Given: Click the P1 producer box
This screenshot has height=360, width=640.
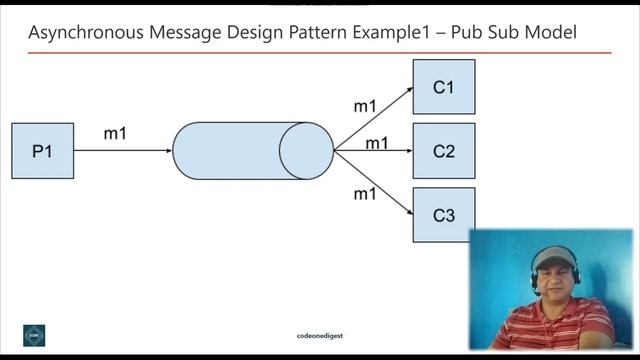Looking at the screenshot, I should pyautogui.click(x=42, y=151).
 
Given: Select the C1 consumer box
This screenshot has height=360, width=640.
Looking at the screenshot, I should pyautogui.click(x=443, y=87).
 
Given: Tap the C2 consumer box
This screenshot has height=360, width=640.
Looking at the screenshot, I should pyautogui.click(x=443, y=151).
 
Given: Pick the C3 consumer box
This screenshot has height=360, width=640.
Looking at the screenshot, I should pyautogui.click(x=443, y=214).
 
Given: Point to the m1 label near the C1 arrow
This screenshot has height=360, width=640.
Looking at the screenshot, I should pyautogui.click(x=365, y=105).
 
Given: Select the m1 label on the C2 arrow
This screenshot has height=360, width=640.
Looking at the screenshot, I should pyautogui.click(x=377, y=143).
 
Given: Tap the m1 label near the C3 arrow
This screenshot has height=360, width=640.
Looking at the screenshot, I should pyautogui.click(x=365, y=193).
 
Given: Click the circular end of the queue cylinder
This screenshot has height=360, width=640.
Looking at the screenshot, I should pyautogui.click(x=305, y=151).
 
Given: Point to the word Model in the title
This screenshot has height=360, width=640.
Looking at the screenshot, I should pyautogui.click(x=552, y=33).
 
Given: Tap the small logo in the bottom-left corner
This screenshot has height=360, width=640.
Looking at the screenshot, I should pyautogui.click(x=35, y=335).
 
